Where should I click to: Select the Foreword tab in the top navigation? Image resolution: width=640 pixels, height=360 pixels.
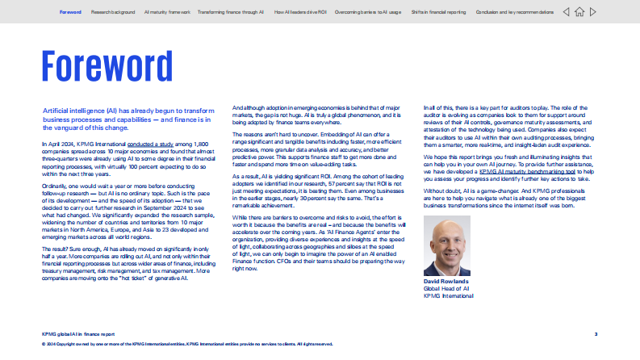pyautogui.click(x=70, y=13)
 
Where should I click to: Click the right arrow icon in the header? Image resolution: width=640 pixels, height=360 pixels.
pyautogui.click(x=593, y=12)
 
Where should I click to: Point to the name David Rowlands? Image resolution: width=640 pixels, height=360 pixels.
pyautogui.click(x=445, y=282)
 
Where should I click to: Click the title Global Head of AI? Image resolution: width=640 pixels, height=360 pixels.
pyautogui.click(x=446, y=288)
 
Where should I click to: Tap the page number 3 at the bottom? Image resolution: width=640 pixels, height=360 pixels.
pyautogui.click(x=596, y=333)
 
